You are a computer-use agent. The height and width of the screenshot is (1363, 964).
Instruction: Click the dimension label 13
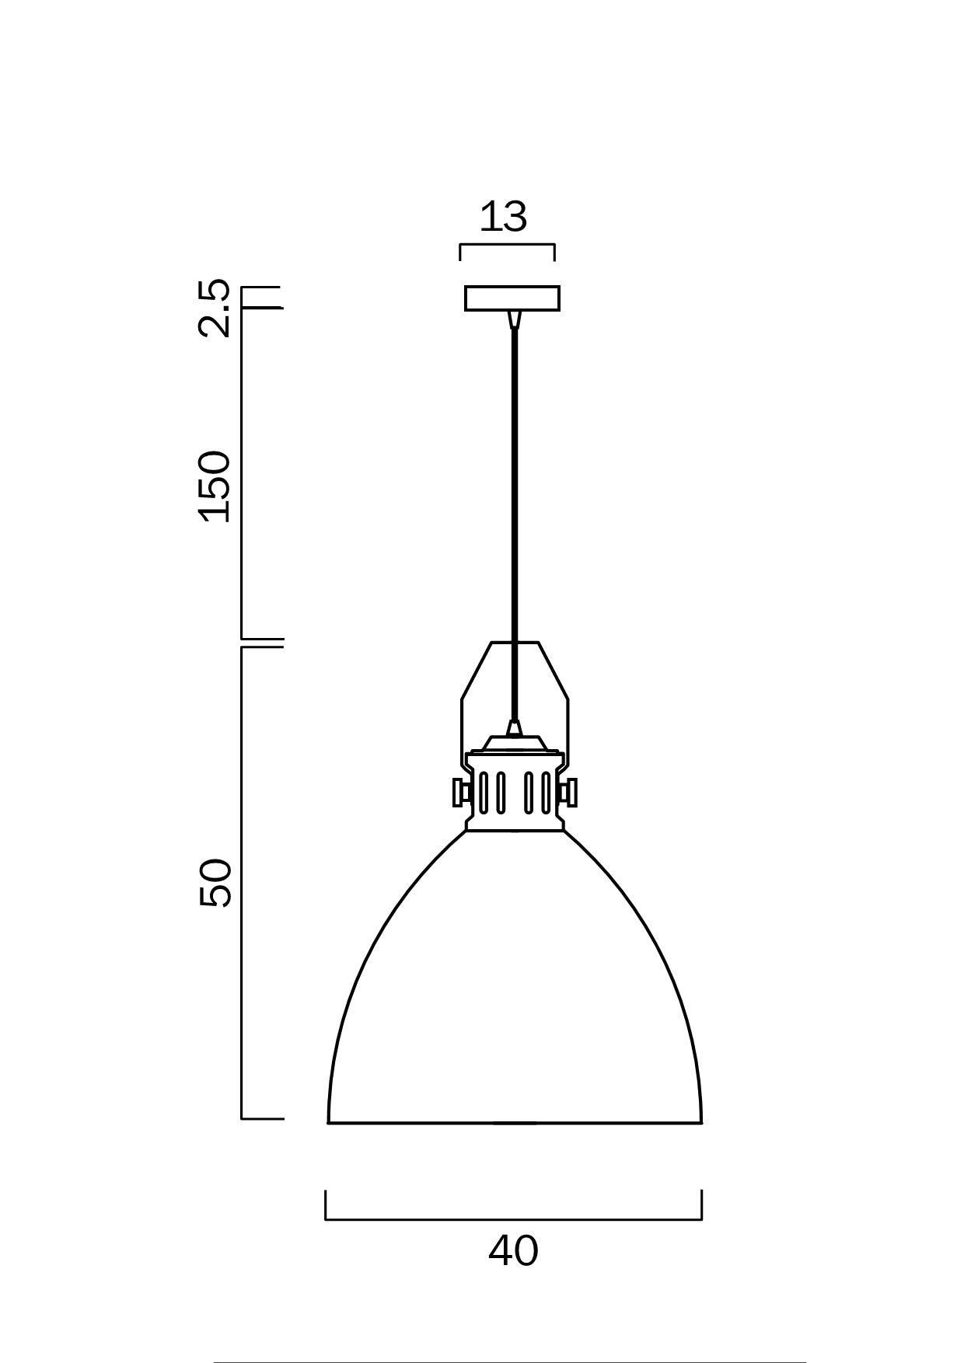point(504,218)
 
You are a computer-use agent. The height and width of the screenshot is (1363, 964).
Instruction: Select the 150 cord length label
point(215,486)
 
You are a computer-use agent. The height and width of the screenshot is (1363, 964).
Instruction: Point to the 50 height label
point(215,883)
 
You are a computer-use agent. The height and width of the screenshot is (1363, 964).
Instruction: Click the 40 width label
point(513,1251)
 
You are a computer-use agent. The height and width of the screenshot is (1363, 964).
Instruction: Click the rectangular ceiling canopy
point(512,298)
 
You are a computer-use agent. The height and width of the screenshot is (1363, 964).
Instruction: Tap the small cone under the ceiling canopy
point(513,319)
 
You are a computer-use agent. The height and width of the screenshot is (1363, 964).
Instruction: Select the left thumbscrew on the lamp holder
point(459,793)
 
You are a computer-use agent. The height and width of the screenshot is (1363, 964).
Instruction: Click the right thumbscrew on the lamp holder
point(569,793)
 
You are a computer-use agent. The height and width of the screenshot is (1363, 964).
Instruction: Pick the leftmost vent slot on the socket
point(484,792)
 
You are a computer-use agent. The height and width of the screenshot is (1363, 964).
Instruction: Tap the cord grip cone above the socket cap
point(513,728)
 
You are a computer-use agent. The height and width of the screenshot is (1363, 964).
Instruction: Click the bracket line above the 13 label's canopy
point(507,246)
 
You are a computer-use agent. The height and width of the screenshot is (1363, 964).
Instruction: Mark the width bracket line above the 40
point(513,1219)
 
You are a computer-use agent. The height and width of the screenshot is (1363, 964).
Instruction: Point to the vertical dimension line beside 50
point(242,883)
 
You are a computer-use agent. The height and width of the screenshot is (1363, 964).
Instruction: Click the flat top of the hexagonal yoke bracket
point(515,643)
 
